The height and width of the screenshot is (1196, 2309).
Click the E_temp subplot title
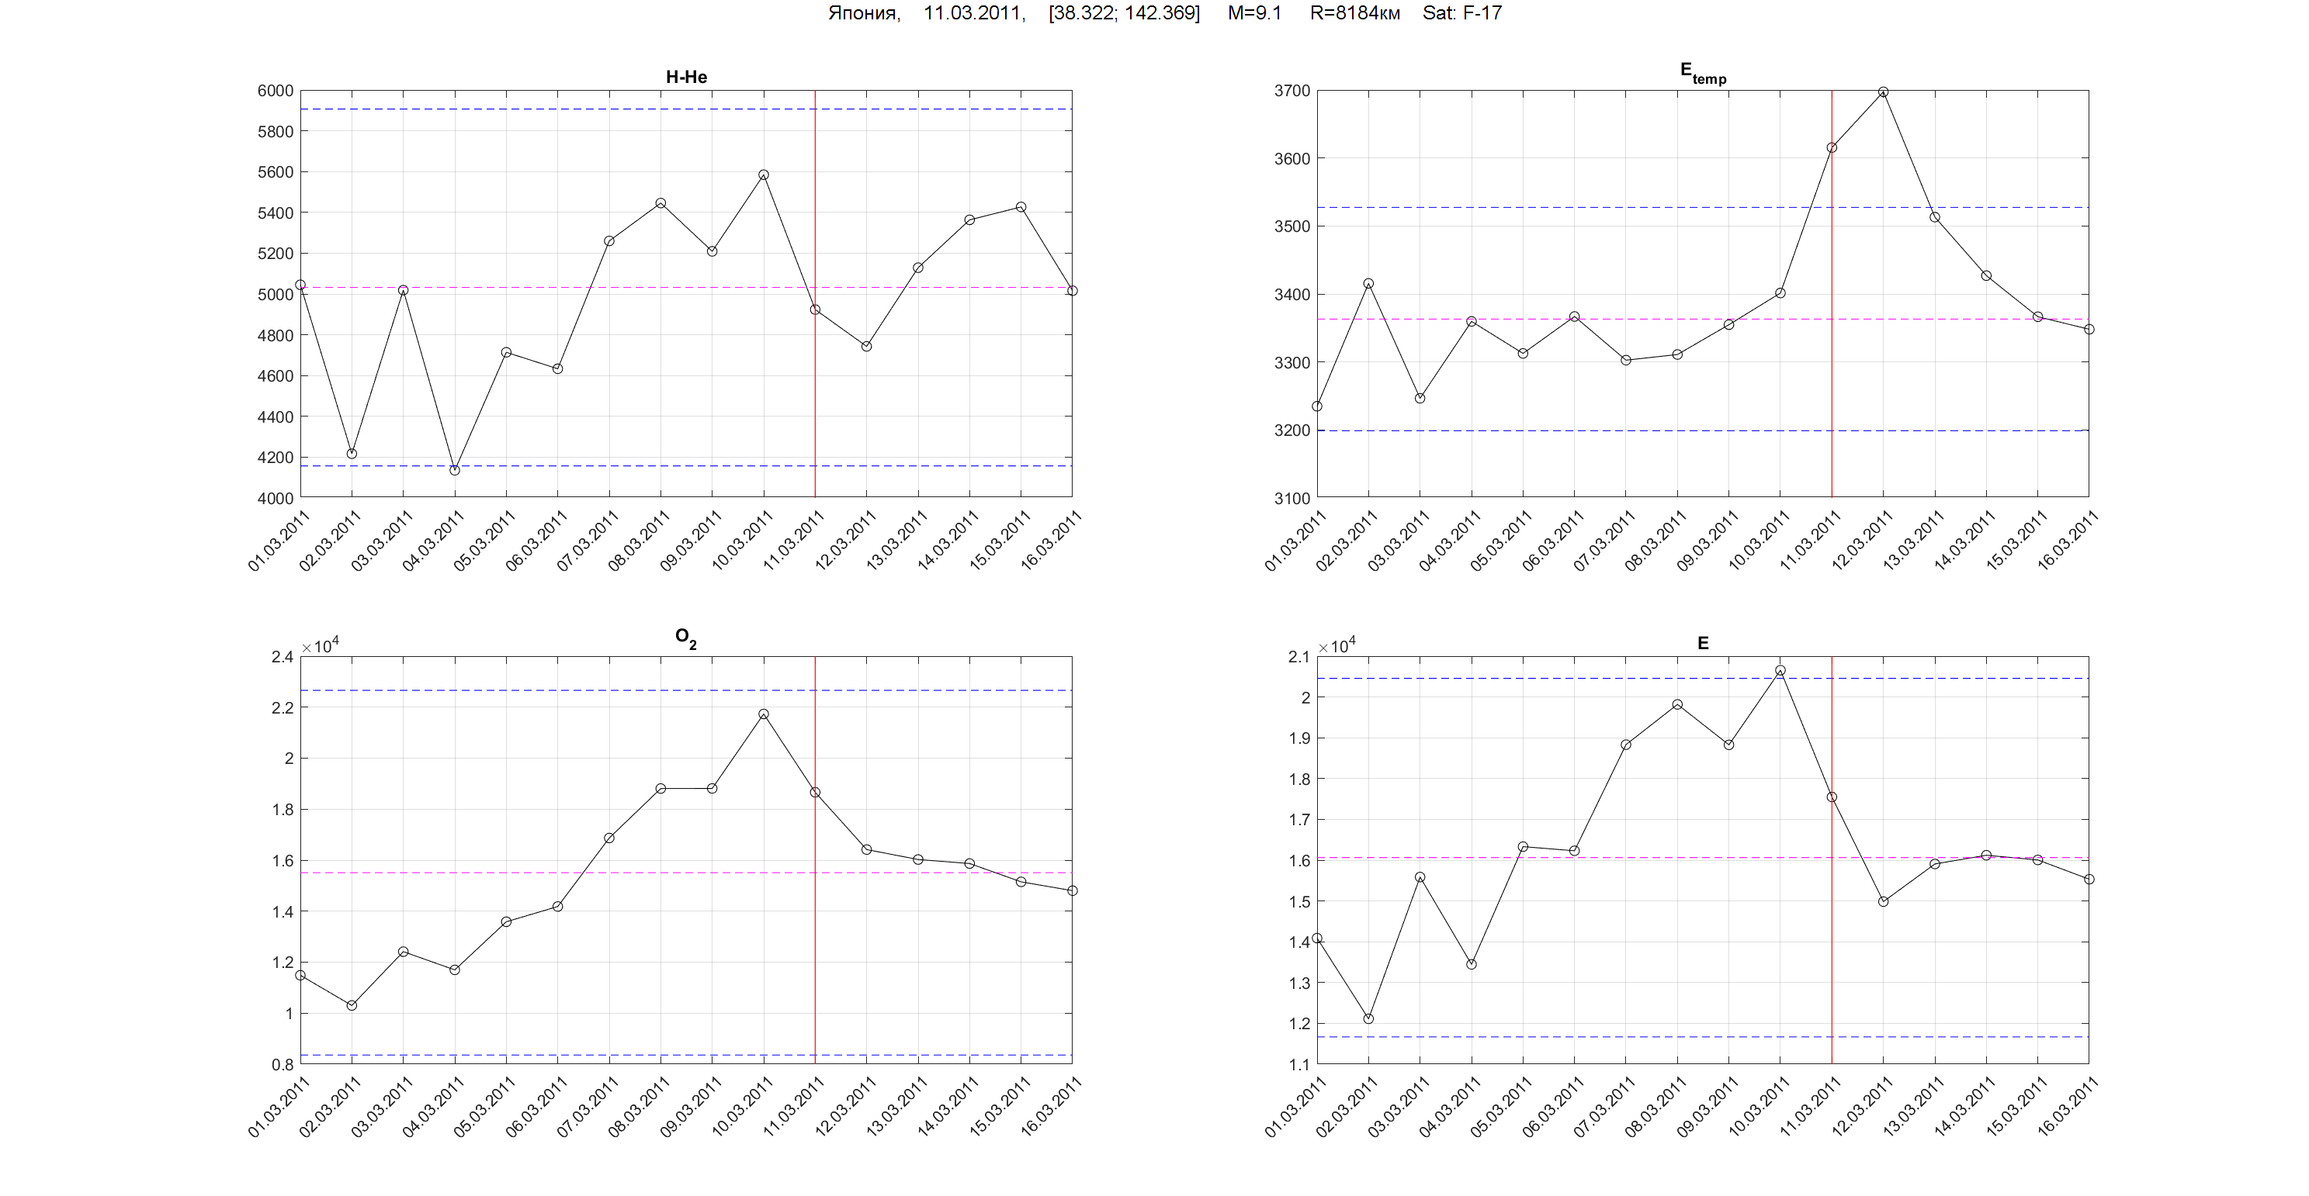coord(1702,73)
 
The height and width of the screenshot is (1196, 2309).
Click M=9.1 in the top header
coord(1254,13)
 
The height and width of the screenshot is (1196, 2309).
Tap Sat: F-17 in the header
coord(1462,13)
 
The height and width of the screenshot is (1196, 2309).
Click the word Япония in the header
coord(863,13)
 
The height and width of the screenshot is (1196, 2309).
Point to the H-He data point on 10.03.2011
coord(764,175)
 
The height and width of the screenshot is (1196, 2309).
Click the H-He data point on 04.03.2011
coord(455,470)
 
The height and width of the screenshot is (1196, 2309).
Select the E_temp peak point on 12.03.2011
coord(1883,92)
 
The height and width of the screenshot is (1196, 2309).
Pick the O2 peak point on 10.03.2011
coord(764,715)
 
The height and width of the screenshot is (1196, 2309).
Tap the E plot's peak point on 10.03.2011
coord(1780,671)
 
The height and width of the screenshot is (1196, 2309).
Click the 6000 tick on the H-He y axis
coord(276,91)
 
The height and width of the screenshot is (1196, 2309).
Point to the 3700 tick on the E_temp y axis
coord(1291,91)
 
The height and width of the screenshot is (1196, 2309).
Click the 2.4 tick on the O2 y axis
coord(283,658)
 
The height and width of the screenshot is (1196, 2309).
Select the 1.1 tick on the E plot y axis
coord(1298,1064)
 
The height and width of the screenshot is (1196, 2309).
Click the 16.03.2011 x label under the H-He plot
coord(1051,540)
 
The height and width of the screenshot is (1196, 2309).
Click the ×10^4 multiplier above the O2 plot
coord(321,646)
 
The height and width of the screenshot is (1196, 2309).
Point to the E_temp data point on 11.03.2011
coord(1831,148)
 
